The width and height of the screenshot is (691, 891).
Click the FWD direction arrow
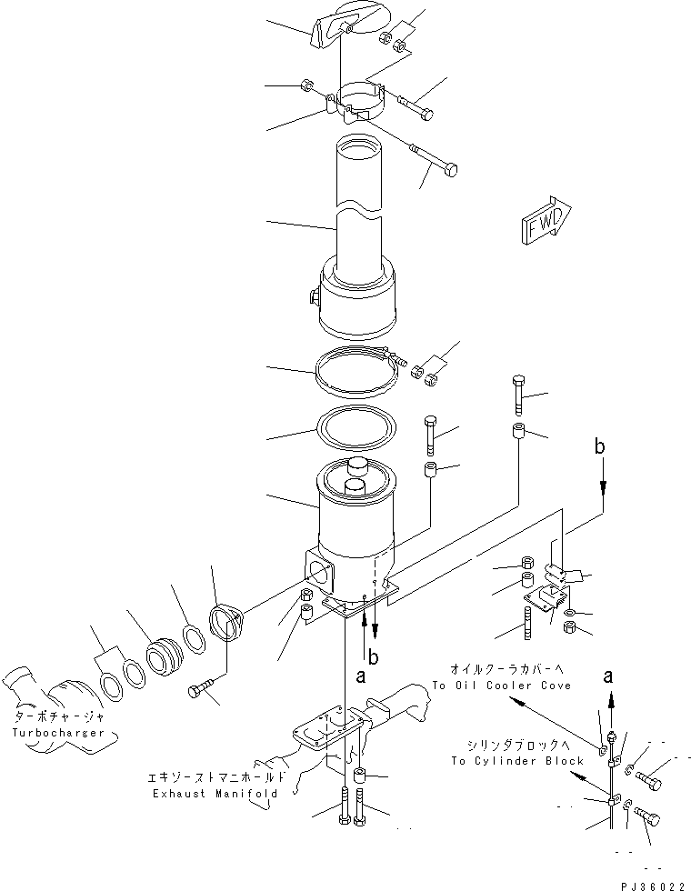coord(546,223)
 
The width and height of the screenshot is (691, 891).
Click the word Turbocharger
coord(59,732)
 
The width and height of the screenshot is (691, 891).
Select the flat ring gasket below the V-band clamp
coord(355,428)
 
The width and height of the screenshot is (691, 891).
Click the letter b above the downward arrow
coord(599,446)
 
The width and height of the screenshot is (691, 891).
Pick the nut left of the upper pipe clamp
coord(306,87)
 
